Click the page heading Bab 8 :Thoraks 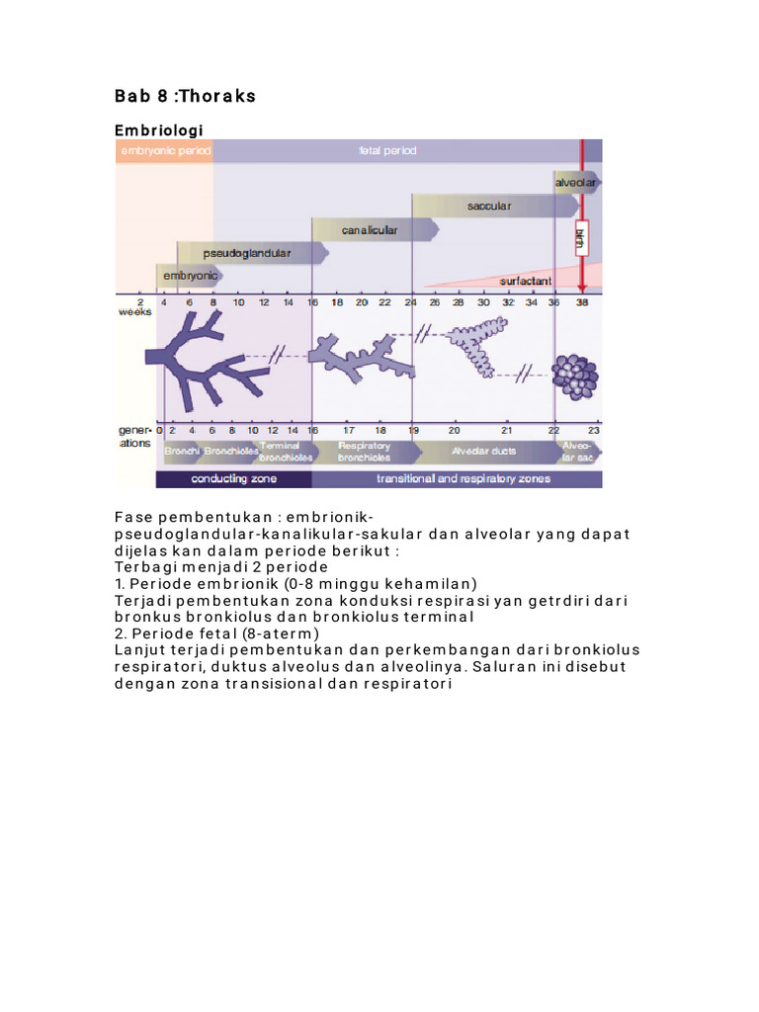tap(185, 96)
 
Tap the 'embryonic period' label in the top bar tap(160, 151)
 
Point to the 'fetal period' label tap(387, 151)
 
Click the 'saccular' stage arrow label tap(488, 207)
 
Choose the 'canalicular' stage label tap(370, 230)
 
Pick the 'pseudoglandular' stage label tap(247, 254)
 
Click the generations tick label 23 tap(593, 431)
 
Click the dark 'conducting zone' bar tap(234, 479)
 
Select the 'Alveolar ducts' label tap(477, 452)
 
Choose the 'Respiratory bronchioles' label tap(364, 452)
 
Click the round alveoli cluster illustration tap(574, 376)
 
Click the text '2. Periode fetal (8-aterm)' tap(217, 633)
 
